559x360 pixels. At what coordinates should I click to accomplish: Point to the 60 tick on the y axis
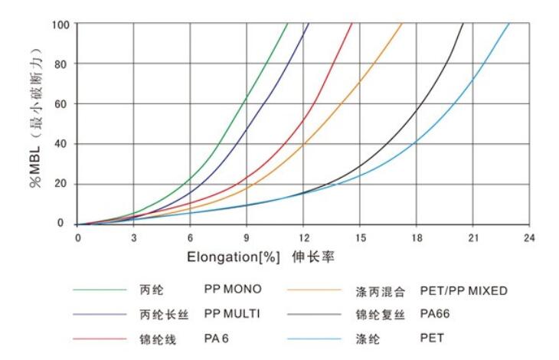62,103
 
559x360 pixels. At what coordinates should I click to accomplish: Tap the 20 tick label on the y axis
62,184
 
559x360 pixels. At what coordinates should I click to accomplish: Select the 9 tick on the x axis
247,237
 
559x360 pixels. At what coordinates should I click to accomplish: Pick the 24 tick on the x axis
529,237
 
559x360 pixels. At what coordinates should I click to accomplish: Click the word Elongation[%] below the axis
234,258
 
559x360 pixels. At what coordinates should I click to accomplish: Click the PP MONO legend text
233,290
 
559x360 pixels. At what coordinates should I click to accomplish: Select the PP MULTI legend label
233,313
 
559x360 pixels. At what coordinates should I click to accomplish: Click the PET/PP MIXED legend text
463,290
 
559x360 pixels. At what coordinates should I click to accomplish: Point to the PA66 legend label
436,313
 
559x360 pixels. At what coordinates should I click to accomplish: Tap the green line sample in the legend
100,290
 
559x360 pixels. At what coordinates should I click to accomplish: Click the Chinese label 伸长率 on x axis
312,258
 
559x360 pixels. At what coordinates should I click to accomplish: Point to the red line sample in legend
100,338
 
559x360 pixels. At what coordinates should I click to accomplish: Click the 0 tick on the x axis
78,237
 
